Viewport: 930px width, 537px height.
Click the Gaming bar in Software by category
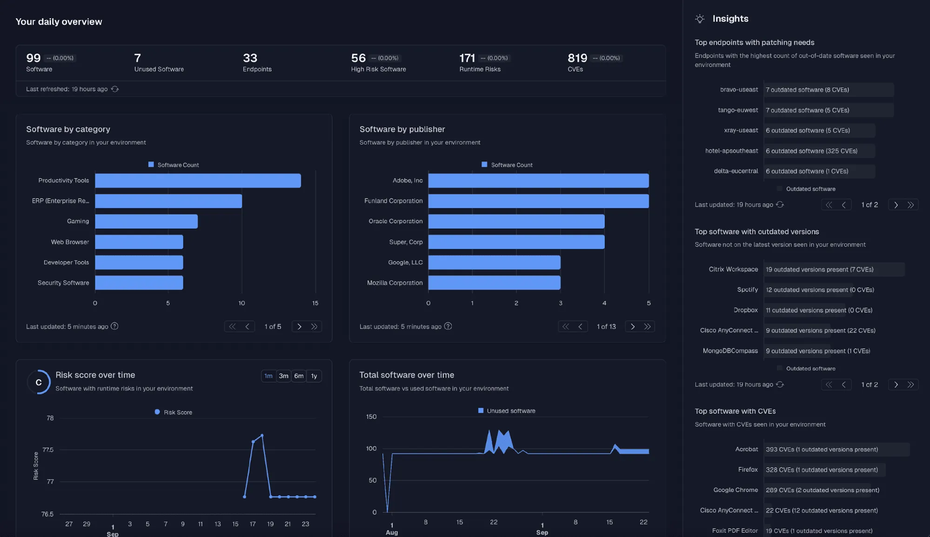point(146,221)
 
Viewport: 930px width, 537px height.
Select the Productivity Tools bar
point(198,180)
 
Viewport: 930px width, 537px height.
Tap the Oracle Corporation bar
point(516,221)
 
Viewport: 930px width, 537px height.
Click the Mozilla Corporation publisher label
point(395,283)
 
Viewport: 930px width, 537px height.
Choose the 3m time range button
point(283,376)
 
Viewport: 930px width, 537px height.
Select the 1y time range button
point(314,376)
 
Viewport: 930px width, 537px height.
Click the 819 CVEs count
point(577,58)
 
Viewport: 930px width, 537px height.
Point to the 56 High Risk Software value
point(358,58)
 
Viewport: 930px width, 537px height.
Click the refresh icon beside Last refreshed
point(115,89)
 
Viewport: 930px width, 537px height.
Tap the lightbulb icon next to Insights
point(700,19)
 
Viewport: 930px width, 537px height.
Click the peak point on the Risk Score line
point(262,436)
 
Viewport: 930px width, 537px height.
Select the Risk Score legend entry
point(173,412)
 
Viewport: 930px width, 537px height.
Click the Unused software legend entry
point(507,411)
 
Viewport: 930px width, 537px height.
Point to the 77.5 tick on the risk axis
point(48,450)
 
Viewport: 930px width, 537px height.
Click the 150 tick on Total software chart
point(371,417)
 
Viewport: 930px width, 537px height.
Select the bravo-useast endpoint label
point(739,90)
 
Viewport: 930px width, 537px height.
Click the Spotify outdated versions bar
point(809,290)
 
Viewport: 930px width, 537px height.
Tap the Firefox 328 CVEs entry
point(822,470)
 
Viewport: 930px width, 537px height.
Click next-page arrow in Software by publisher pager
point(633,326)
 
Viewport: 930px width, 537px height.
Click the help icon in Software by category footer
point(114,326)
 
